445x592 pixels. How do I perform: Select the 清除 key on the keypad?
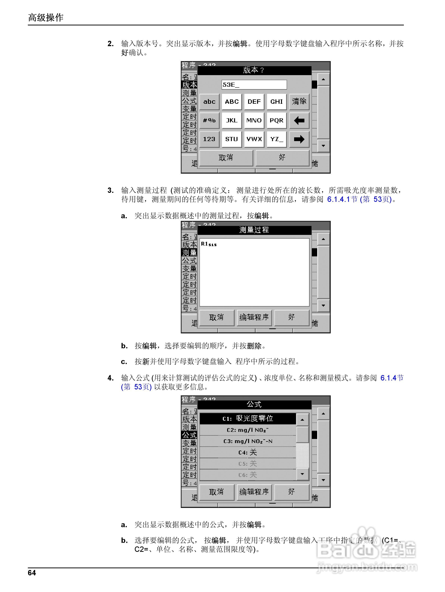[x=299, y=102]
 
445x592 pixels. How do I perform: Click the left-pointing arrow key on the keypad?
[x=299, y=120]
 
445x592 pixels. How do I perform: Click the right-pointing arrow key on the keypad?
[x=299, y=139]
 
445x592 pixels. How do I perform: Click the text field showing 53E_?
[x=254, y=85]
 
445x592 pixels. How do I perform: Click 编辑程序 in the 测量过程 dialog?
[x=254, y=317]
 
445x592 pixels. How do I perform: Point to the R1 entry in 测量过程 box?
[x=209, y=244]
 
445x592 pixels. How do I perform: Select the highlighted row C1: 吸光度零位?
[x=248, y=419]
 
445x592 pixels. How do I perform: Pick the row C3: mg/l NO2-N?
[x=248, y=441]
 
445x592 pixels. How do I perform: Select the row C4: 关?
[x=248, y=452]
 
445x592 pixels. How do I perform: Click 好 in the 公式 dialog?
[x=291, y=492]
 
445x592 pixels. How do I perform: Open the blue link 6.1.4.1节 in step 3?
[x=342, y=199]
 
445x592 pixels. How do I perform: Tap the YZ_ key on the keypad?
[x=277, y=139]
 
